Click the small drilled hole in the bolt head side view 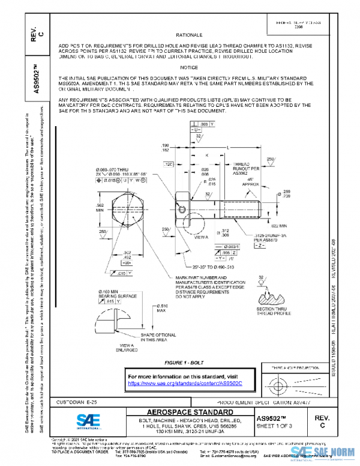tap(182, 196)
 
